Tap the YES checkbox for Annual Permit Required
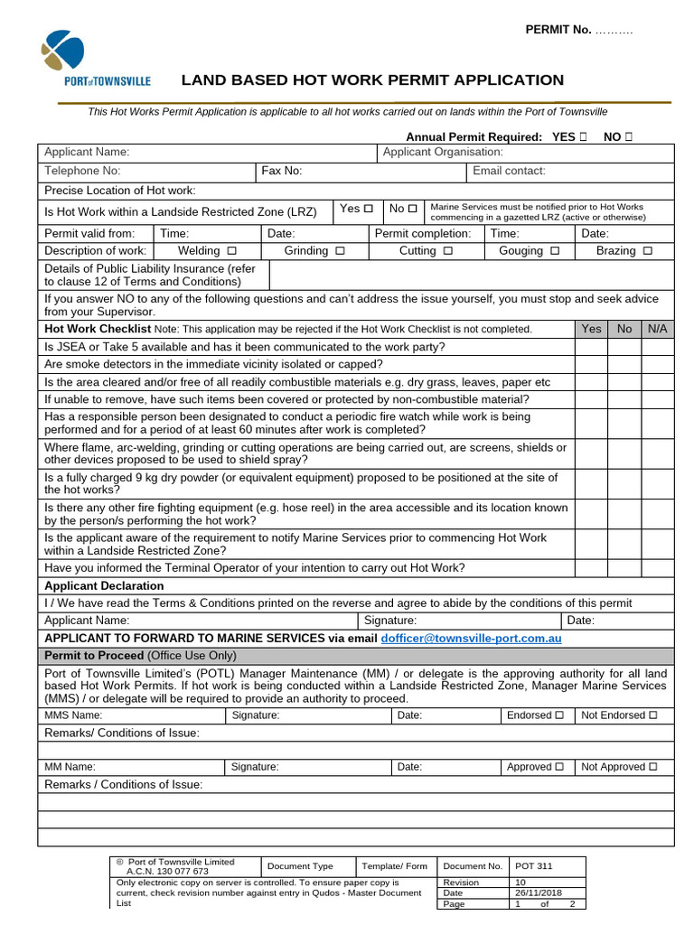583,136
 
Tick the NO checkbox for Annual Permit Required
628,136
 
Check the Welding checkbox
232,250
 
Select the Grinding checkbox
339,250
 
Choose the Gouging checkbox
555,250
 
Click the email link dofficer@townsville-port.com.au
471,638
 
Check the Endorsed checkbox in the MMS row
558,715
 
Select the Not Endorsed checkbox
652,715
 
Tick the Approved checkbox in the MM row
558,766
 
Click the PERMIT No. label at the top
558,30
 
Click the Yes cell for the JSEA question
591,347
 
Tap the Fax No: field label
281,171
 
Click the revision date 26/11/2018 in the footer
539,892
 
